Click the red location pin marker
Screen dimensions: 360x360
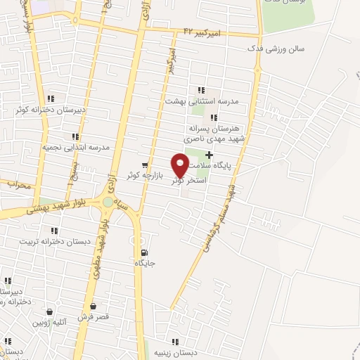(180, 166)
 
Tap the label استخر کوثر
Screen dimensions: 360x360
(188, 181)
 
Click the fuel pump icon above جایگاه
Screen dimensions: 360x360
(144, 253)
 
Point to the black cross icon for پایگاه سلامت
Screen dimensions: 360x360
(209, 155)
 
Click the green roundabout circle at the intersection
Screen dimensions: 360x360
(108, 202)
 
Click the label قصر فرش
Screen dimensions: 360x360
(94, 317)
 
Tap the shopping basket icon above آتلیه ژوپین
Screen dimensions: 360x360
(51, 312)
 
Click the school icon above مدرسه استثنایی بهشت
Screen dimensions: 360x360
(201, 90)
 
